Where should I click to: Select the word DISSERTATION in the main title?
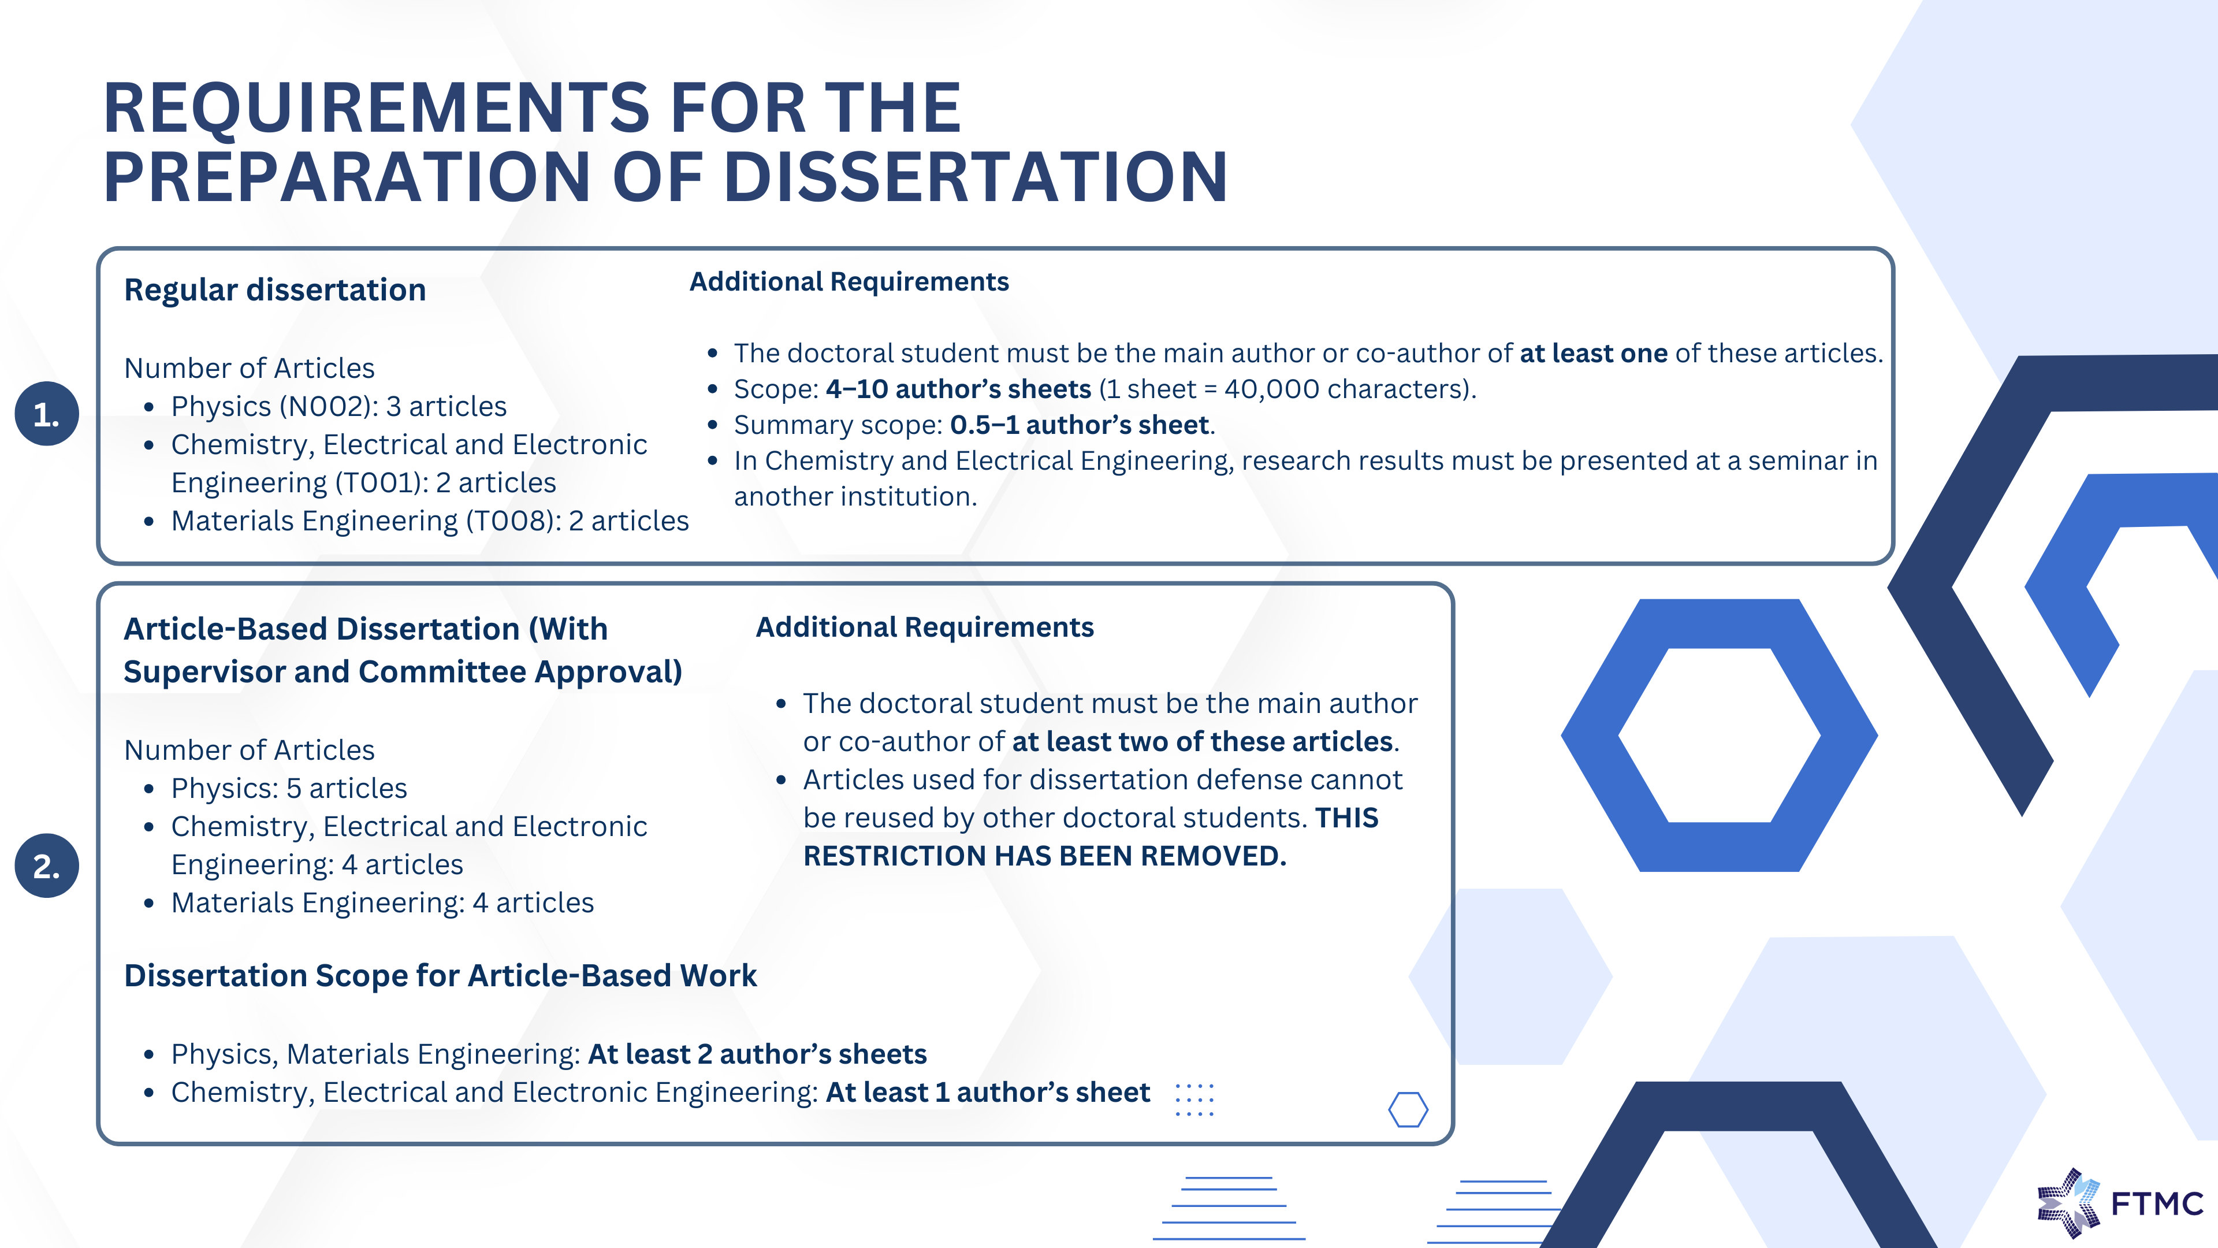[x=976, y=177]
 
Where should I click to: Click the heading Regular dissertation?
[x=275, y=290]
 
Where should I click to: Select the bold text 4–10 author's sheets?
[x=958, y=389]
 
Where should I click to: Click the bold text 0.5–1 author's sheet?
[x=1080, y=425]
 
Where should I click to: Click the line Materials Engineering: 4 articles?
[x=382, y=902]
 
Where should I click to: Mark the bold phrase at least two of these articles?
[x=1203, y=741]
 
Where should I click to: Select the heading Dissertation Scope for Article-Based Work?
[x=440, y=976]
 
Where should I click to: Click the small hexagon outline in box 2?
[x=1409, y=1109]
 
